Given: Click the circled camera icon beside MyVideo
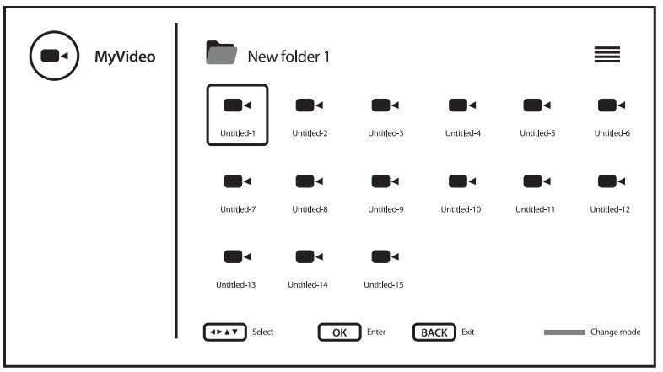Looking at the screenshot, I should [55, 57].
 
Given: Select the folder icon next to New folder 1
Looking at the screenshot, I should [222, 54].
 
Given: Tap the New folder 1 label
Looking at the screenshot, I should [288, 57].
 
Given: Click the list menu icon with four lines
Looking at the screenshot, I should [607, 56].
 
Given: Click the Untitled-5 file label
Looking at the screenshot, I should [536, 133].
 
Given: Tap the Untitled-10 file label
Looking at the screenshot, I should [461, 208].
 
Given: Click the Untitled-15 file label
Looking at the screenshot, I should [384, 284].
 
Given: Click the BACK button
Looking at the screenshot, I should [434, 332].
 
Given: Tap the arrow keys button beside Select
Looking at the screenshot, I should [225, 332].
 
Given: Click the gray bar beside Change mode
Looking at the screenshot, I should [564, 332].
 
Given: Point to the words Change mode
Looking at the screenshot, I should [615, 332].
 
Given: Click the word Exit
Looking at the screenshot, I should [467, 332].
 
